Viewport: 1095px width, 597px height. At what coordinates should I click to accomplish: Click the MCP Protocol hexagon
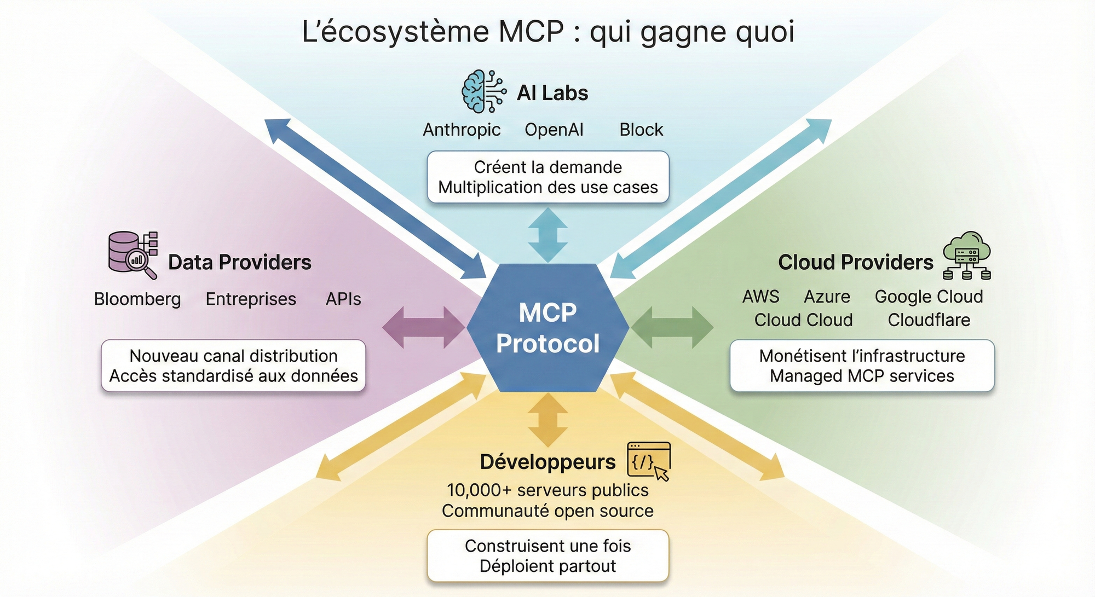point(547,328)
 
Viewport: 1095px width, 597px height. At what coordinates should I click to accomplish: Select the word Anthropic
point(462,130)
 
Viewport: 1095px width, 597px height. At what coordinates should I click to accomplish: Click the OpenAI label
point(554,130)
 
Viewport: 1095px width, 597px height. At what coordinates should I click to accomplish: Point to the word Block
point(641,130)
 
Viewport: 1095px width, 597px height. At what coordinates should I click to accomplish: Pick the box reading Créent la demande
point(548,177)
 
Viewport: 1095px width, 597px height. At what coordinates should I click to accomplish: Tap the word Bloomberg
point(137,299)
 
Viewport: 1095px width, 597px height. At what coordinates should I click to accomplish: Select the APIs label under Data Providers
point(343,299)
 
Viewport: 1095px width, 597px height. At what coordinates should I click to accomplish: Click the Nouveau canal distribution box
point(233,366)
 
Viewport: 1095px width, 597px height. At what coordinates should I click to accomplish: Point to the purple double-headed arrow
point(423,328)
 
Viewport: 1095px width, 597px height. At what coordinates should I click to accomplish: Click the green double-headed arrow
point(672,328)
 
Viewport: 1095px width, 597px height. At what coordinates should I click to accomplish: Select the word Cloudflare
point(929,320)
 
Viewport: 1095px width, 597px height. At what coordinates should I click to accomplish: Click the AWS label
point(760,297)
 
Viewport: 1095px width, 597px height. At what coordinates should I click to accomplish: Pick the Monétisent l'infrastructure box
point(862,366)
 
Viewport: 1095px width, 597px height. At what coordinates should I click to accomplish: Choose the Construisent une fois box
point(548,555)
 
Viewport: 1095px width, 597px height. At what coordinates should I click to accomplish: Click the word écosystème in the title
point(404,32)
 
